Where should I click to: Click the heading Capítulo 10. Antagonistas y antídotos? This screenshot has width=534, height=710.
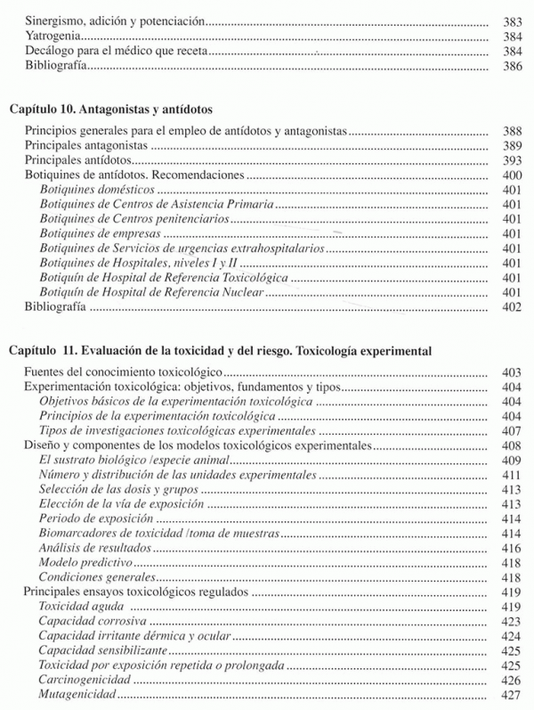(111, 110)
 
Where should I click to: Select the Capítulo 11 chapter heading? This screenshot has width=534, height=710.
(221, 351)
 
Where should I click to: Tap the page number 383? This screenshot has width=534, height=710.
(511, 20)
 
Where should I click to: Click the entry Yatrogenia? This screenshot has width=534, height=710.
(53, 36)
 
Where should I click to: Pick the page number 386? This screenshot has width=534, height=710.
(511, 68)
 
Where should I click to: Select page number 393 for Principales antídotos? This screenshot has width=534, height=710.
(511, 160)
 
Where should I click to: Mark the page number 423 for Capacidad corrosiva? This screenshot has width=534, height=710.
(511, 621)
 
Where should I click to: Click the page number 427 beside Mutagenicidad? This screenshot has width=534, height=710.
(511, 694)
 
